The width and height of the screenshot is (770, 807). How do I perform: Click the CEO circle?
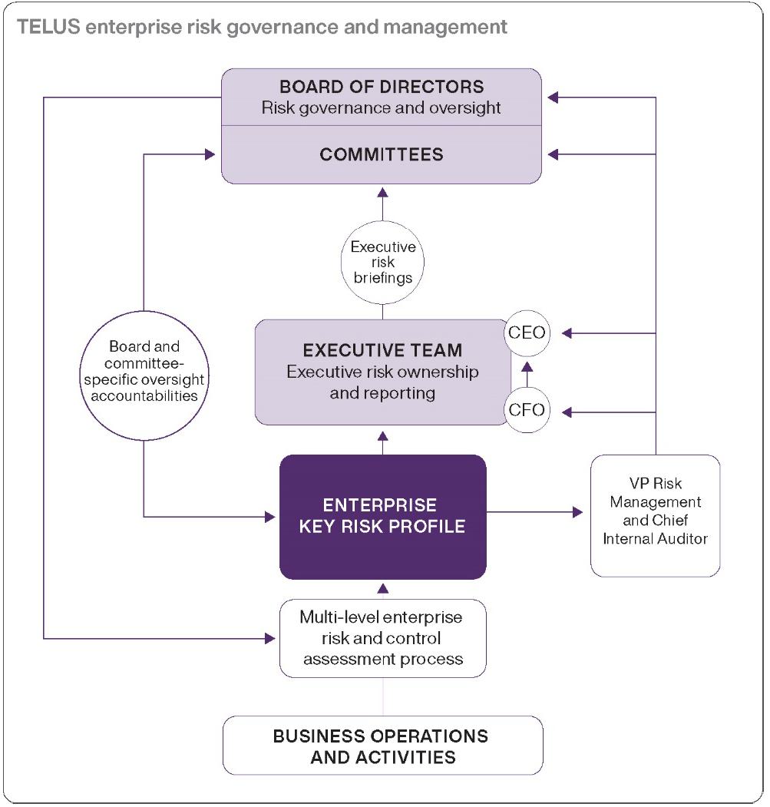527,333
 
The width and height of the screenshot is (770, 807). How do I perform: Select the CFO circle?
527,410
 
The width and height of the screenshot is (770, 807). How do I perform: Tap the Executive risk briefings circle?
382,262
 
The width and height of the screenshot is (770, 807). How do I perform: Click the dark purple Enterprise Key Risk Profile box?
382,516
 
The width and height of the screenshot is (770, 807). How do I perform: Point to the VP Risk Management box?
655,515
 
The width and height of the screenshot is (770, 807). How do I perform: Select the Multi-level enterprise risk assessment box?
382,638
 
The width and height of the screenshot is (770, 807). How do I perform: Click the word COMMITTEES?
382,154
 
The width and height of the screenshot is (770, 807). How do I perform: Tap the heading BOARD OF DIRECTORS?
382,86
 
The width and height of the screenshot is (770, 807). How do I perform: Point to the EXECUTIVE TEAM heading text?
382,351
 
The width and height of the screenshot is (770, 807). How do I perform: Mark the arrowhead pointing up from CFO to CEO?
527,367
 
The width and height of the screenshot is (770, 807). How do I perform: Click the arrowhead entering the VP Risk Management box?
577,512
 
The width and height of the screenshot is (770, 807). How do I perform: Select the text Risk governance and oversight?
382,107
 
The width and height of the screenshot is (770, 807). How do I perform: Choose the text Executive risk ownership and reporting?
382,382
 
